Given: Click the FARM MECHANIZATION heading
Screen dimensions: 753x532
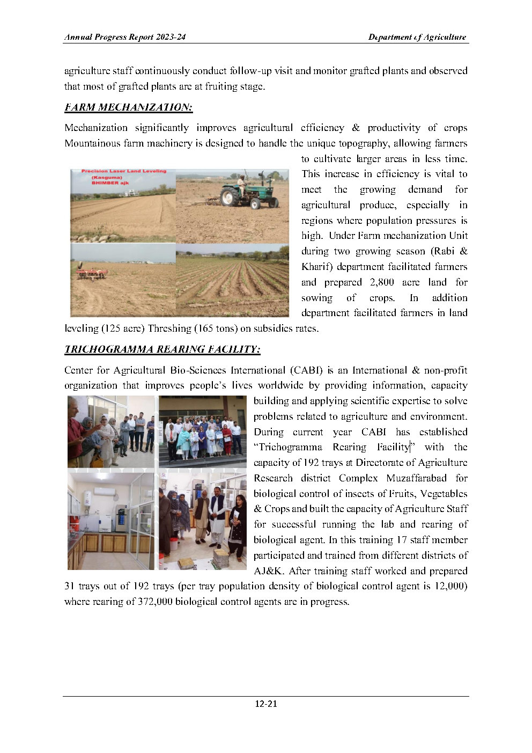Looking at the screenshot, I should point(128,107).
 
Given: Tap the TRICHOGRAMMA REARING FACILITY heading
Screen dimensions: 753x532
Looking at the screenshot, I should point(162,349).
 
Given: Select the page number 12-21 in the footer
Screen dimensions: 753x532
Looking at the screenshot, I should point(265,704).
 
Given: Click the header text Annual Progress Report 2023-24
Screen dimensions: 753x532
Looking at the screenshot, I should point(125,37).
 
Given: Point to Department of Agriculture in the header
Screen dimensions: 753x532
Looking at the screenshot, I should point(417,37).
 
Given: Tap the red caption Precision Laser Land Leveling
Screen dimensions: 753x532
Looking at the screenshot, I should point(123,171).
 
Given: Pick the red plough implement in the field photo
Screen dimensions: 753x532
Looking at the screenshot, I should point(92,273).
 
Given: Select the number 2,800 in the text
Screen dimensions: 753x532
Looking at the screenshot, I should point(382,282).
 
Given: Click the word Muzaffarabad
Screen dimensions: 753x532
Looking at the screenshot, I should point(416,478).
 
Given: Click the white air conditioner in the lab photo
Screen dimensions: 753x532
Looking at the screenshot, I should point(104,491).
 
